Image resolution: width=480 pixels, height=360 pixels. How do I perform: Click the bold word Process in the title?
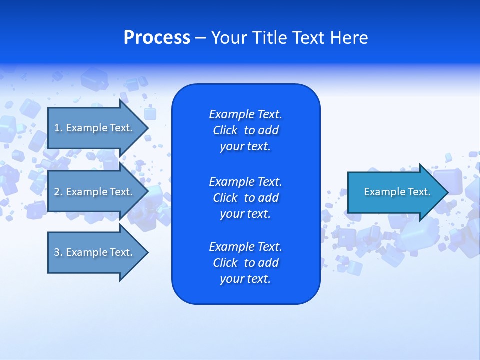click(157, 38)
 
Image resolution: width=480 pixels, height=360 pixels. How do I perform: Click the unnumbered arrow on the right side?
click(395, 192)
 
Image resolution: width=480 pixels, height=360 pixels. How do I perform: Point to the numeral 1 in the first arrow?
click(56, 128)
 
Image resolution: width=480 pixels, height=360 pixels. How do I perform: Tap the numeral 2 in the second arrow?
click(57, 192)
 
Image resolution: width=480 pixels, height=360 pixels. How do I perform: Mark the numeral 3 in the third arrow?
click(57, 252)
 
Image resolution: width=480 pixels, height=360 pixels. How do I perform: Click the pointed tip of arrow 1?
click(146, 128)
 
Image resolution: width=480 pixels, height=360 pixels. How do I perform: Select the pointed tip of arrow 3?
click(146, 252)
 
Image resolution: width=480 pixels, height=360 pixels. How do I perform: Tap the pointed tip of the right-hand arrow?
click(446, 192)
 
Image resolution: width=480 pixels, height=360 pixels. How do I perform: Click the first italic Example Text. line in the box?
click(245, 114)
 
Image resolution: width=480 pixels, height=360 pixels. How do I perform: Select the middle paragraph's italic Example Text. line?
click(245, 181)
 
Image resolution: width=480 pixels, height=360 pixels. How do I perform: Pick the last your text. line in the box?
click(245, 279)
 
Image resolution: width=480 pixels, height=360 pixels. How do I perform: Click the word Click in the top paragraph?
click(225, 130)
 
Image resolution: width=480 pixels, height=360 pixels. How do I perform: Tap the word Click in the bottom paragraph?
click(225, 263)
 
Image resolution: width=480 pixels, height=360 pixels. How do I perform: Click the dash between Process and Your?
click(200, 38)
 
